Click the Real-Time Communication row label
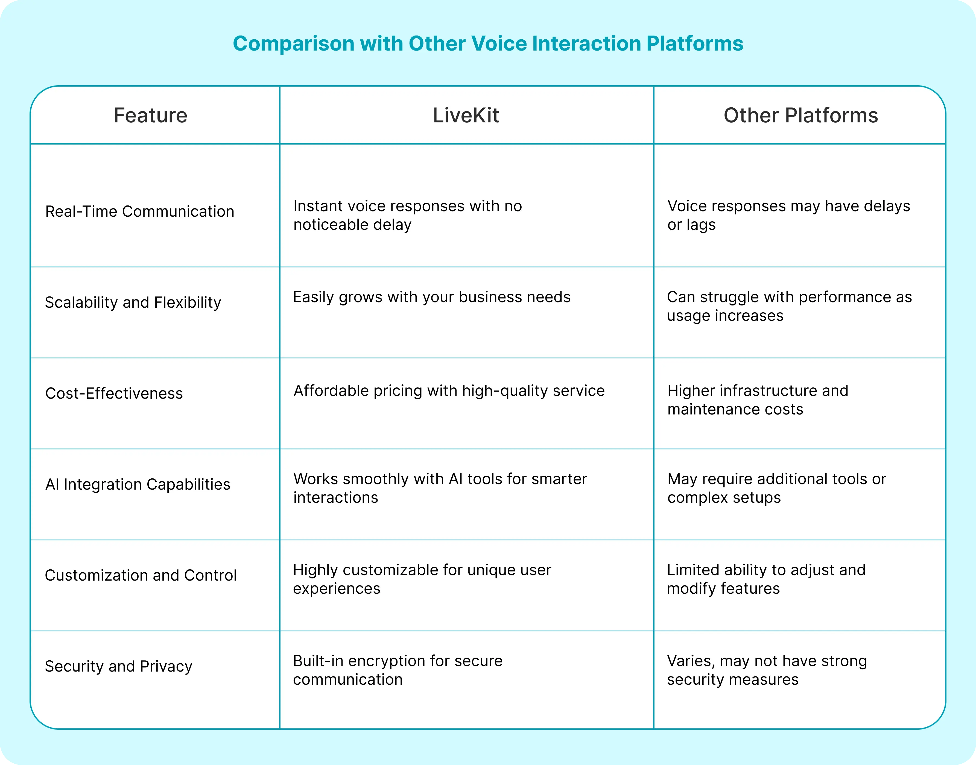(139, 211)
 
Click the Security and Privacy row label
(118, 666)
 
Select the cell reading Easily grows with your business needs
(431, 297)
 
